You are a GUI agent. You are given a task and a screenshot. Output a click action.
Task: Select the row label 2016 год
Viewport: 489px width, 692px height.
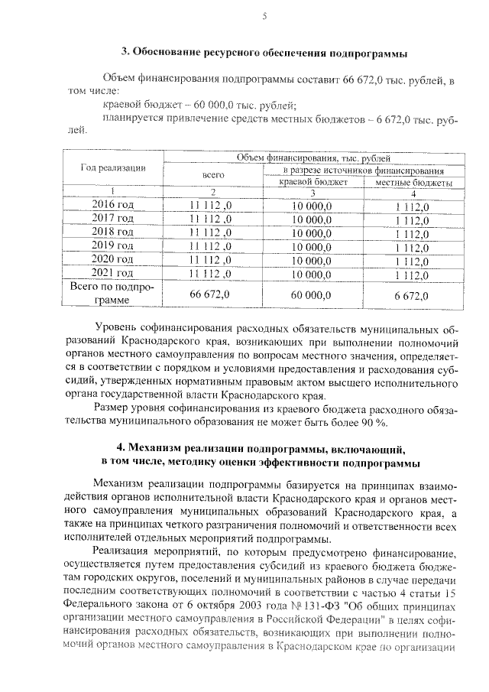tap(112, 205)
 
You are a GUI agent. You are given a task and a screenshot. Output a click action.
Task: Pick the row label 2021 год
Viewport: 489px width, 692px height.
tap(112, 273)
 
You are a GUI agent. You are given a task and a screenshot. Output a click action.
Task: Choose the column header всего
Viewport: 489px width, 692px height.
tap(212, 175)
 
